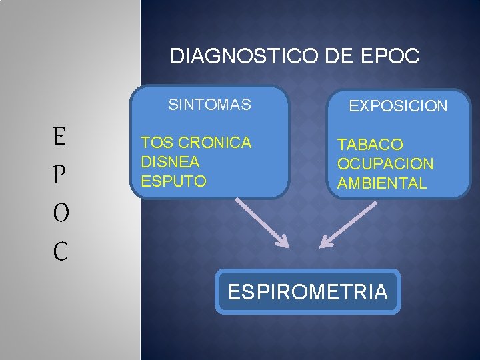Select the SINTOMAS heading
pos(209,105)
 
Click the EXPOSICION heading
pos(399,107)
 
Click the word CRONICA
pos(215,143)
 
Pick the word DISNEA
pos(171,162)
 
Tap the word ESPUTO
pos(173,181)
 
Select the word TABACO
pos(370,145)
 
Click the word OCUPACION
pos(385,164)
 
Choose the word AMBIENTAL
pos(382,183)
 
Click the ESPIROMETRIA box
pos(308,292)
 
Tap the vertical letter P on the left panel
pos(59,175)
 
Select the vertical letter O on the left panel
pos(59,213)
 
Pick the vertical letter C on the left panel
pos(60,251)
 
